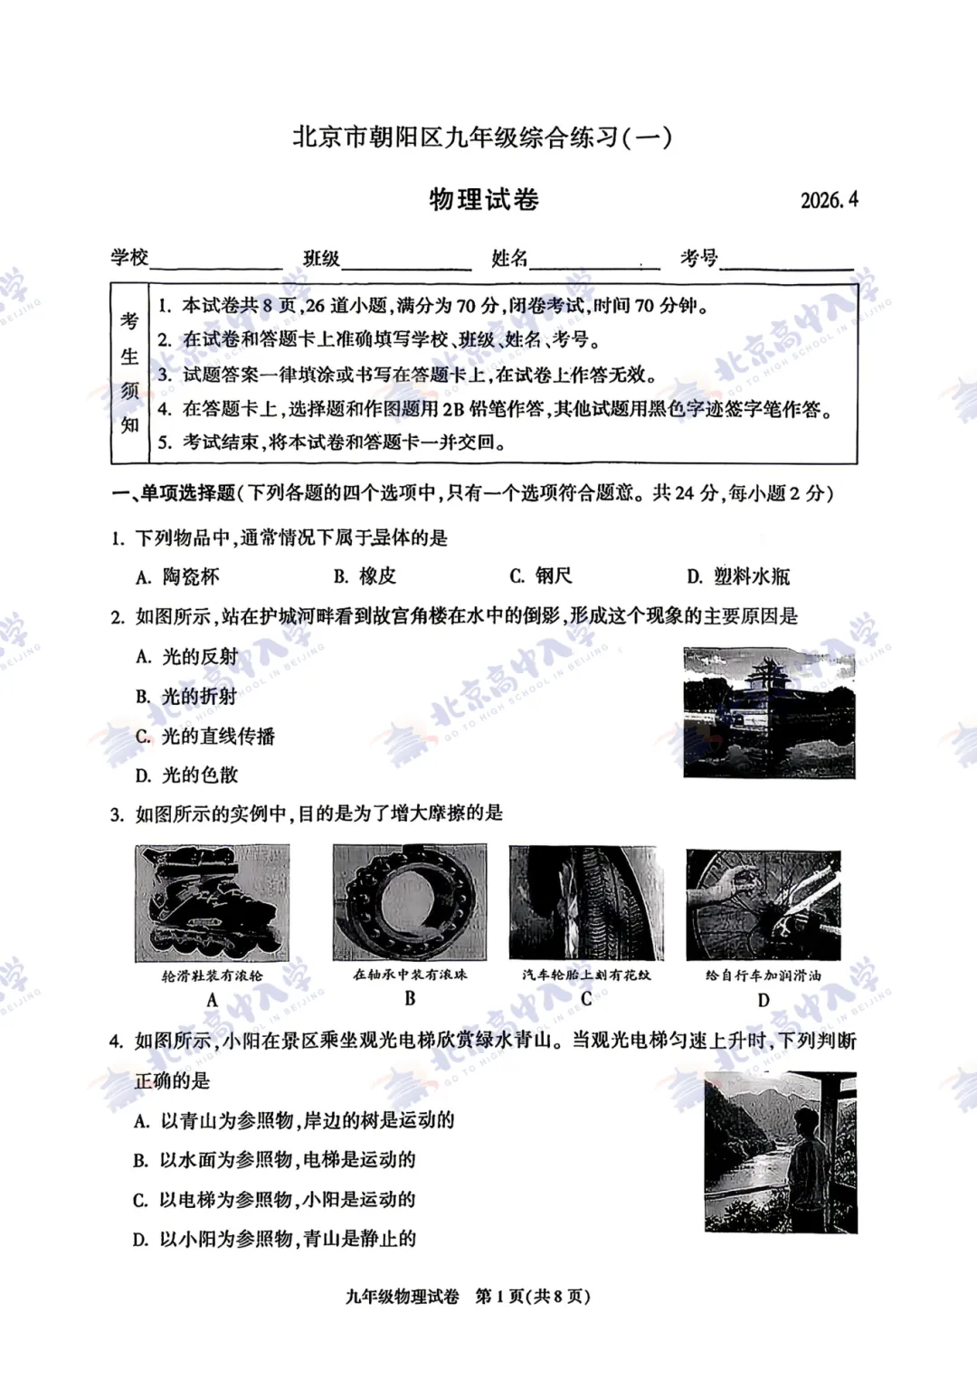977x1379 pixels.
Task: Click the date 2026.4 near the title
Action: pos(829,200)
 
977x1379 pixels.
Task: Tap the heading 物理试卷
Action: pos(484,199)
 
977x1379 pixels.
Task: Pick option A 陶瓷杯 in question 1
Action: pos(178,576)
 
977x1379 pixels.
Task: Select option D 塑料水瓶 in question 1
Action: pos(739,576)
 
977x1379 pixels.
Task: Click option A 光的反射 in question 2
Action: pos(187,657)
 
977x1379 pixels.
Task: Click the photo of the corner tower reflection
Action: pos(769,713)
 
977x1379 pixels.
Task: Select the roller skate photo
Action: pos(213,903)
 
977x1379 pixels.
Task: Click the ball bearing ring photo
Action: pos(410,903)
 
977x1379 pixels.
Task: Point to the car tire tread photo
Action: pos(586,903)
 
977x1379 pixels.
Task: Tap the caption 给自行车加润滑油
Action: pos(764,975)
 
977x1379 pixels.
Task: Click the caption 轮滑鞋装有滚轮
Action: pos(213,975)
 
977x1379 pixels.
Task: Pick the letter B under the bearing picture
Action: pos(410,999)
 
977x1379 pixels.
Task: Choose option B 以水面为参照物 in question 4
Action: pos(275,1160)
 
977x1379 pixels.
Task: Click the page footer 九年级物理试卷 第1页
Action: pos(468,1297)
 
